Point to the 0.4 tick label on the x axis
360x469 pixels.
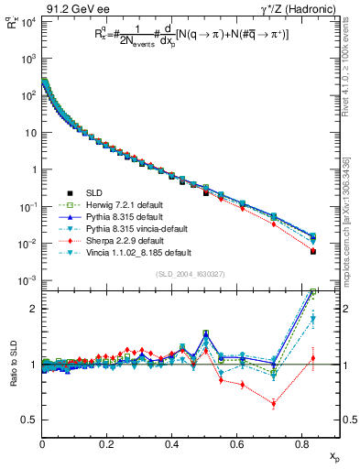(171, 443)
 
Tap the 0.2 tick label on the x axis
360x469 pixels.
(106, 443)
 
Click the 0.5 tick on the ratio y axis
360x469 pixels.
(29, 420)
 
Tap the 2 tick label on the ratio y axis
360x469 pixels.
(34, 309)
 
